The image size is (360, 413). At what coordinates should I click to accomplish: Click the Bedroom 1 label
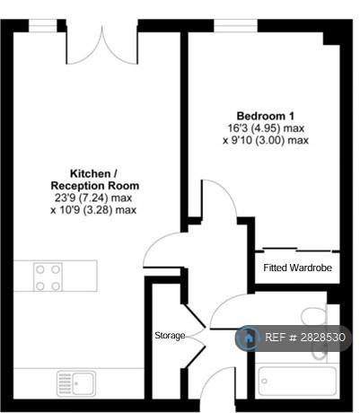pos(266,116)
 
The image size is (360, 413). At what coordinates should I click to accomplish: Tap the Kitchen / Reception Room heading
pos(95,180)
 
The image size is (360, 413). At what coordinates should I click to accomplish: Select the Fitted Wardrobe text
pos(297,268)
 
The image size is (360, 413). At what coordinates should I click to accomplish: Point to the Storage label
pos(170,336)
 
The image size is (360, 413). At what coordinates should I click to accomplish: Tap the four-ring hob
pos(48,277)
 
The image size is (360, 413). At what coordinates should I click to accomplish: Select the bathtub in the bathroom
pos(297,381)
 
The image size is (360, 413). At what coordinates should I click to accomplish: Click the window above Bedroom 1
pos(235,26)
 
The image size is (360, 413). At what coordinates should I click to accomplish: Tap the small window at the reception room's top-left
pos(43,26)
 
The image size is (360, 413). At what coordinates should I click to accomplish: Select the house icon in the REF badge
pos(248,338)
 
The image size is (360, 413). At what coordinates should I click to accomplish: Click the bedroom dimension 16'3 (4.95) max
pos(266,128)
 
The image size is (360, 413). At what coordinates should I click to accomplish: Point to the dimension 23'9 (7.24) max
pos(93,198)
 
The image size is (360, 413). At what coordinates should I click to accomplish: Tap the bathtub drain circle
pos(264,381)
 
